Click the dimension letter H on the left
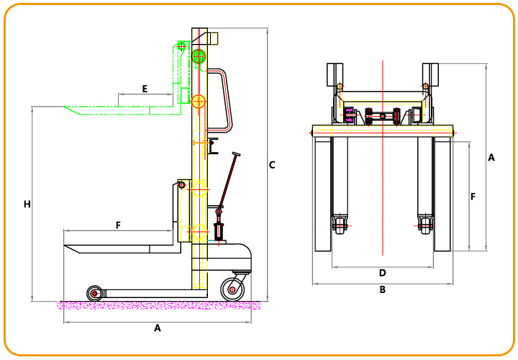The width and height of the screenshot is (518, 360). (x=27, y=204)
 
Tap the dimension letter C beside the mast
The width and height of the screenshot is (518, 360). (x=272, y=165)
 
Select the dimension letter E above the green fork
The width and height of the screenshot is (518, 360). (x=145, y=89)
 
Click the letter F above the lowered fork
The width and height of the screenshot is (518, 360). (x=118, y=225)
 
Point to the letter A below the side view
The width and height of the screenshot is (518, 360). (x=158, y=328)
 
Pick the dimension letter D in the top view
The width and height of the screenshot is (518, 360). (x=382, y=273)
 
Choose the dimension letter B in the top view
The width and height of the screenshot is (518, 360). (x=382, y=289)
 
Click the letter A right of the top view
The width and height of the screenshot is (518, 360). (x=491, y=158)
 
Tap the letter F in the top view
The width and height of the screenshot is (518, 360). (x=473, y=197)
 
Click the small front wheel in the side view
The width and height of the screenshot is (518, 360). (x=94, y=293)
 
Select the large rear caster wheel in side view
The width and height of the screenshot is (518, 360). (x=232, y=289)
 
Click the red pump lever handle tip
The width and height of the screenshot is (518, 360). (x=236, y=153)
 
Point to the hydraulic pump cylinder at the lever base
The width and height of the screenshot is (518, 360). (x=219, y=232)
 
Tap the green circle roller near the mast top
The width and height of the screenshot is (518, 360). (x=199, y=57)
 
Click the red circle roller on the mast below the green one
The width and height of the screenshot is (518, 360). (x=199, y=102)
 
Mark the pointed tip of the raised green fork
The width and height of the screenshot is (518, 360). (x=64, y=107)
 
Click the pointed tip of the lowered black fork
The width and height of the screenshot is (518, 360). (x=64, y=246)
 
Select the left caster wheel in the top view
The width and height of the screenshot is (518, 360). (x=340, y=226)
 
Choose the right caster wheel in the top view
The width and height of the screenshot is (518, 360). (x=425, y=226)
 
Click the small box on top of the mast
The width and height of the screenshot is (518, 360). (x=214, y=38)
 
